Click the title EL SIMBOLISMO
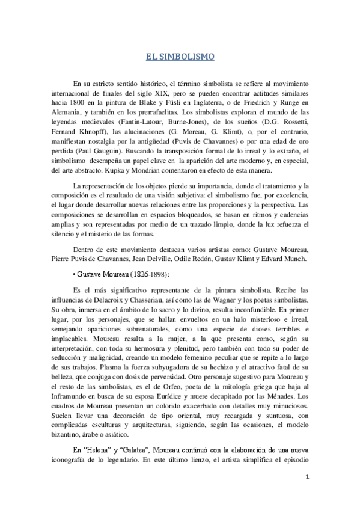pos(180,58)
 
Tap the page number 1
pos(307,477)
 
